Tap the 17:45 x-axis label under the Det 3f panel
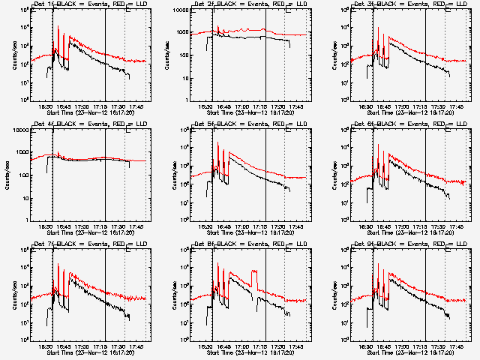point(458,107)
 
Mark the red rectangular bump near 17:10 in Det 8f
point(256,281)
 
